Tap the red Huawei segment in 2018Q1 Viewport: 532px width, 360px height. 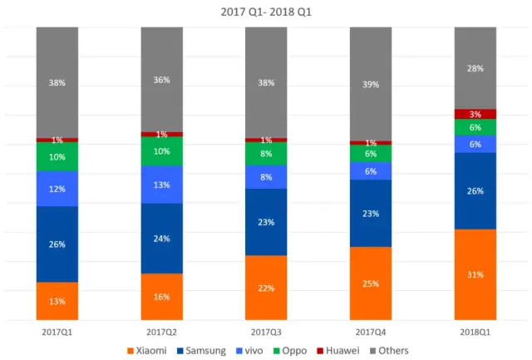[x=475, y=114]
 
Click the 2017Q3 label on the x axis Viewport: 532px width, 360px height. [x=266, y=331]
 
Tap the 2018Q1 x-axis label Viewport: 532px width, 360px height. [x=475, y=331]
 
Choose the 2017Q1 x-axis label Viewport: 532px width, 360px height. [x=57, y=331]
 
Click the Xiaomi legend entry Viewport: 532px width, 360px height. [x=147, y=351]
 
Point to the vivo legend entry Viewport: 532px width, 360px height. [x=249, y=351]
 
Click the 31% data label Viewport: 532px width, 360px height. [x=475, y=274]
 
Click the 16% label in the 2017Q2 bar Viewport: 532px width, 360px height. [x=162, y=296]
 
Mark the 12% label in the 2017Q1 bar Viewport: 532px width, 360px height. [x=57, y=189]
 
